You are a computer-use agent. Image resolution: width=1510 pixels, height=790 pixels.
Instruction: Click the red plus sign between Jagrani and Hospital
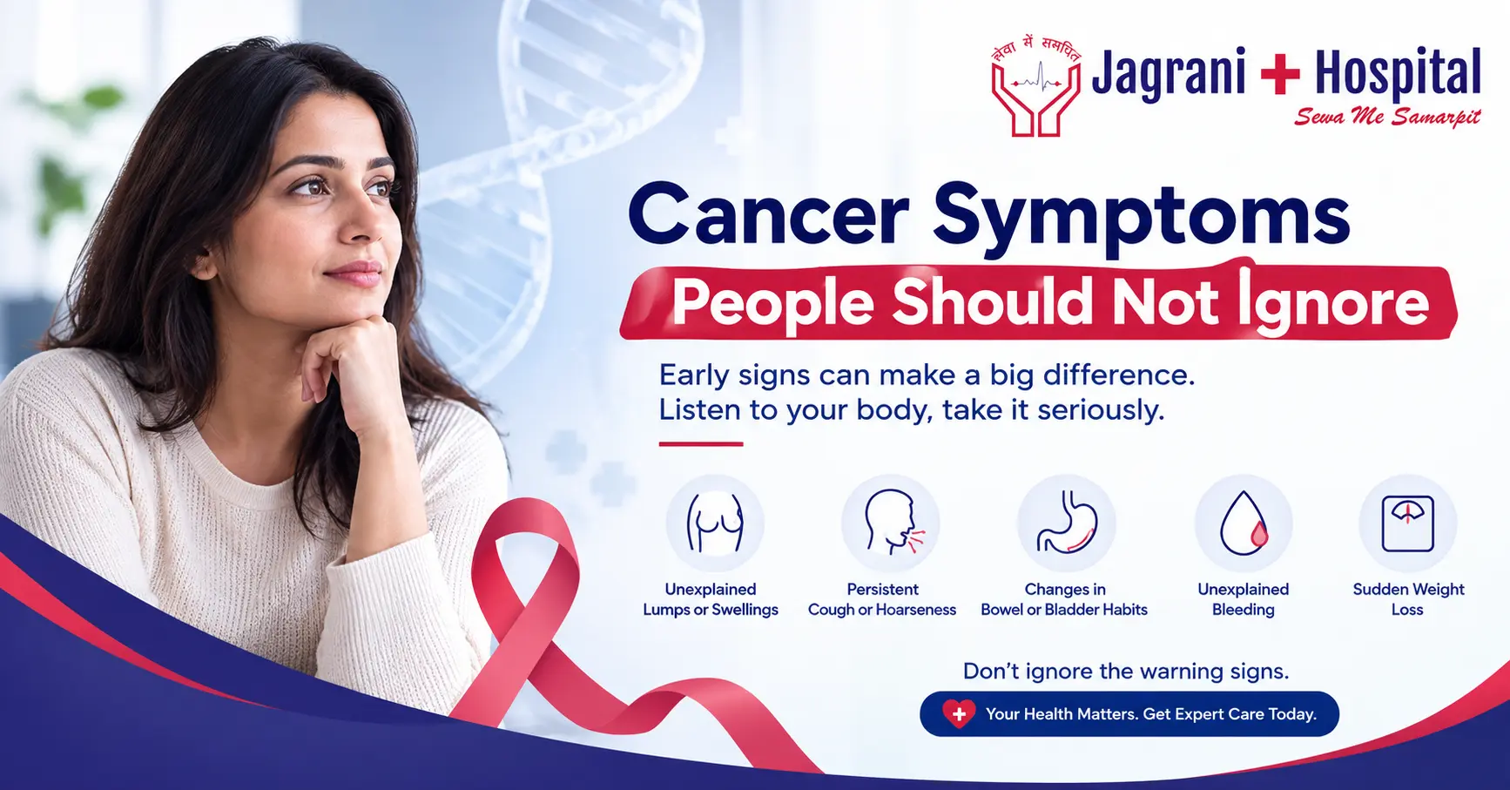1280,73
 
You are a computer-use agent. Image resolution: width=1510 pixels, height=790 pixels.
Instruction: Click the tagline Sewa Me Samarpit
1387,117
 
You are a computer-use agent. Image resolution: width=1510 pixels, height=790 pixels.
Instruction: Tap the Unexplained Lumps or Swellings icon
715,523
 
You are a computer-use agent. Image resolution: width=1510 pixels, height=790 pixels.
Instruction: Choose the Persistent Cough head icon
890,523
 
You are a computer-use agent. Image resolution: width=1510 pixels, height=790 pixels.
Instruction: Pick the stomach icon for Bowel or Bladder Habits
1067,523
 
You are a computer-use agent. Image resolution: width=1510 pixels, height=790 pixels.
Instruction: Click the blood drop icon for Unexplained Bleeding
1244,523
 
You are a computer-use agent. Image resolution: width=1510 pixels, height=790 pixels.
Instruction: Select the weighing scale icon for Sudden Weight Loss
1408,523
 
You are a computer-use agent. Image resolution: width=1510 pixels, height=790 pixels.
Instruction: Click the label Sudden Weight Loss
1408,599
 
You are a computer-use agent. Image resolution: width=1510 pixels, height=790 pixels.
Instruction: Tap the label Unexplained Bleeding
1244,599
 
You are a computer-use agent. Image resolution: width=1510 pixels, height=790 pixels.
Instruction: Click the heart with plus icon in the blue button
958,714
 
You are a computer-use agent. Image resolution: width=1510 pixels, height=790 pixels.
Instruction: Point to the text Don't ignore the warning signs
1125,672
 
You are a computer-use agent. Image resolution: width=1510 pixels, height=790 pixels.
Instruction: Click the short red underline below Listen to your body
700,444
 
